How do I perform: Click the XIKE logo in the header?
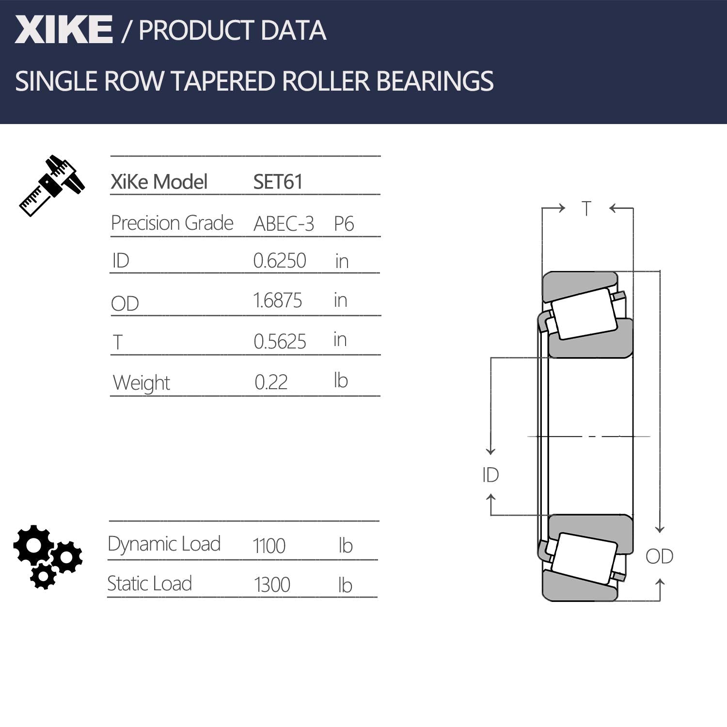click(x=63, y=30)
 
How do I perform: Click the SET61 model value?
click(x=278, y=182)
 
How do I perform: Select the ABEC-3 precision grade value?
click(x=284, y=223)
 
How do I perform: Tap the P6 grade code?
click(x=344, y=223)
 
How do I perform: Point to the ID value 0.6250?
click(x=280, y=261)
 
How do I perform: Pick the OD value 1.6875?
click(x=278, y=300)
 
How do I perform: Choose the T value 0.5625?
click(x=280, y=342)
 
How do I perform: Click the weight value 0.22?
click(x=271, y=382)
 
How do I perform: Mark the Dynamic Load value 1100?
click(x=269, y=546)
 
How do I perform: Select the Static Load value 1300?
click(x=272, y=585)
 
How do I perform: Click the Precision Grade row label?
click(x=172, y=223)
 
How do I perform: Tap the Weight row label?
click(x=141, y=383)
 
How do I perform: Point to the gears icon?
click(x=47, y=556)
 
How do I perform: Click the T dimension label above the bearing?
click(x=586, y=209)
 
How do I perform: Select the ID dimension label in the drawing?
click(x=490, y=475)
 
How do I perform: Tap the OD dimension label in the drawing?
click(x=659, y=556)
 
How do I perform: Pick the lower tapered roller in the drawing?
click(x=585, y=559)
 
